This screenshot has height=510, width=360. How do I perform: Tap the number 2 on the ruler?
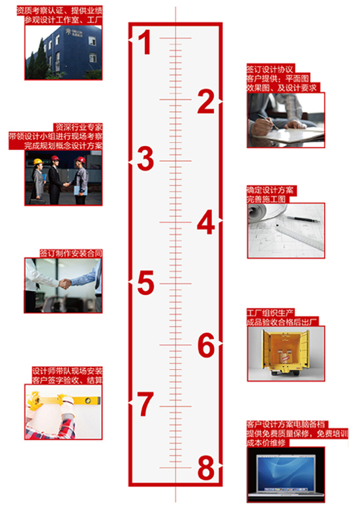pos(206,101)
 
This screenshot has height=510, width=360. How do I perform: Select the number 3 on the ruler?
pos(145,159)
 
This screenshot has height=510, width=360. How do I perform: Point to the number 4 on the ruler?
pos(206,222)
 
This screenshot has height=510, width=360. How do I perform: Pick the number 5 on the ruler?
pos(145,283)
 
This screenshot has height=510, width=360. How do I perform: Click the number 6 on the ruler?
pos(206,345)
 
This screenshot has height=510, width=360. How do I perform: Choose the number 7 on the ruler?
pos(145,404)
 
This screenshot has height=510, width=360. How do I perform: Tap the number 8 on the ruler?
pos(206,468)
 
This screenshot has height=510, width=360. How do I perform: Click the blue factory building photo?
pos(64,53)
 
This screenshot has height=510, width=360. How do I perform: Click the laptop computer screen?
pos(286,472)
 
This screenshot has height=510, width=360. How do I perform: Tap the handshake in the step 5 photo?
pos(65,284)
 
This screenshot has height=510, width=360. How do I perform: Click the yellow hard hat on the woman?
pos(38,161)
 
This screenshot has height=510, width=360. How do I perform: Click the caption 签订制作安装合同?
pos(71,253)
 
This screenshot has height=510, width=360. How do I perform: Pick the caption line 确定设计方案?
pos(270,190)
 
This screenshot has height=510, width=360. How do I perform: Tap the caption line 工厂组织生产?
pos(270,313)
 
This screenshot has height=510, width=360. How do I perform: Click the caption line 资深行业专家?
pos(79,127)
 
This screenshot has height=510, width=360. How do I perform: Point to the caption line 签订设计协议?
pos(270,69)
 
